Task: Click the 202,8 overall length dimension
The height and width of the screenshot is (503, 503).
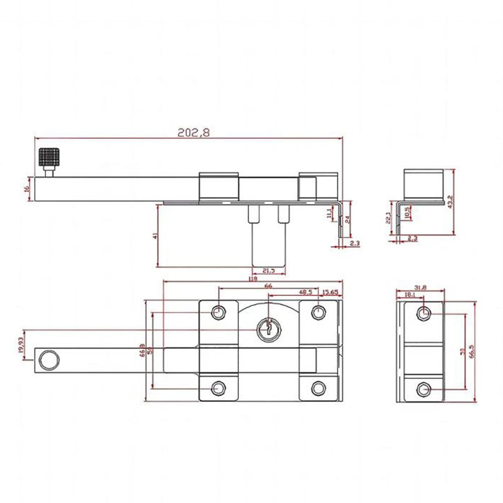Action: (x=193, y=133)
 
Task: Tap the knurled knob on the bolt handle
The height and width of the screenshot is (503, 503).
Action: (x=49, y=158)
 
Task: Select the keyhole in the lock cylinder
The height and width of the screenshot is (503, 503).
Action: (x=267, y=330)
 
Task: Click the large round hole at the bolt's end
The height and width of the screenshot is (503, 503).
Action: (x=49, y=360)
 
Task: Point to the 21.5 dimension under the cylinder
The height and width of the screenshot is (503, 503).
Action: (x=268, y=271)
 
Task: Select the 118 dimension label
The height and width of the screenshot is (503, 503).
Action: (x=253, y=279)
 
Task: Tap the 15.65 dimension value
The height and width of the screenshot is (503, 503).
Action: (x=330, y=291)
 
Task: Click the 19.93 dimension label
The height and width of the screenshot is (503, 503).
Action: (x=21, y=346)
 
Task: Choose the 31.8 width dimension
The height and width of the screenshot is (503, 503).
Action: (x=421, y=287)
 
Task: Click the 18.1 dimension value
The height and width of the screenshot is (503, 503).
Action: (x=410, y=295)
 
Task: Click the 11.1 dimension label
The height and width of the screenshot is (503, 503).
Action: (x=329, y=214)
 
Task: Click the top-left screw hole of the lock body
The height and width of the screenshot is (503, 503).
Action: (x=218, y=313)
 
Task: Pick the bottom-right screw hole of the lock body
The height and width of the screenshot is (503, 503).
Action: (x=318, y=387)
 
